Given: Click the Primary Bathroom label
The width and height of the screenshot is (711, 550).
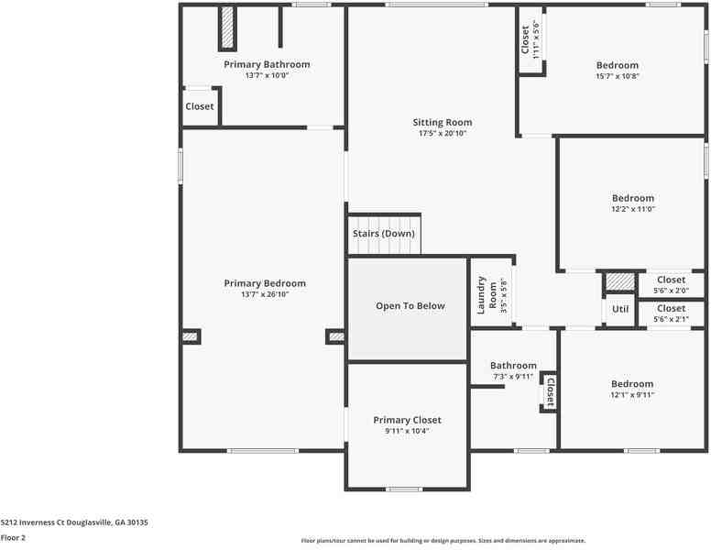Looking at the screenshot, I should coord(267,64).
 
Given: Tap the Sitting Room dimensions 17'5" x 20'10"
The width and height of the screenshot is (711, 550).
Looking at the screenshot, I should coord(442,134).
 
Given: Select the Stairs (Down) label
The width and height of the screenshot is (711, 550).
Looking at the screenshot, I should coord(383,234).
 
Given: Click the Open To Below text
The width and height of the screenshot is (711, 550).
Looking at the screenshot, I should coord(410,305).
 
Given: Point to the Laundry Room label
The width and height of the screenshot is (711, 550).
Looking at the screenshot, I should coord(487,296).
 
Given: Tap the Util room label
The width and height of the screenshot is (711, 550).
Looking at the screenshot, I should coord(620,309).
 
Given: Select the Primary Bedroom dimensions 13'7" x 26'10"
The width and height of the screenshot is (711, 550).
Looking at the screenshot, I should coord(265,294).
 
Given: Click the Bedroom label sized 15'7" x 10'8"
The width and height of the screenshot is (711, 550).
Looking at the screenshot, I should coord(617,65).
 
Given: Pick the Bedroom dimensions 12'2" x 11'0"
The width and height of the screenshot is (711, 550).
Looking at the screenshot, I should coord(633,209).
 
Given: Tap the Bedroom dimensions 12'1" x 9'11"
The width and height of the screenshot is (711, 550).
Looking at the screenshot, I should coord(632,395).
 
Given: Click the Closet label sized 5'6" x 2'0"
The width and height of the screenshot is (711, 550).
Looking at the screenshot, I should coord(671,280).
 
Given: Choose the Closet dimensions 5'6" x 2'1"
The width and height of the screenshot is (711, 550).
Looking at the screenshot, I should coord(671,319).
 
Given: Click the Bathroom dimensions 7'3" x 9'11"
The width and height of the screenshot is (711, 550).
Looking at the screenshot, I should coord(513,376).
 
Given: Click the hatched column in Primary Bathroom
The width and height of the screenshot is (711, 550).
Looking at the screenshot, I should coord(227,27).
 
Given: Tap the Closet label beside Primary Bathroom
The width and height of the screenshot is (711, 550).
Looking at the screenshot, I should coord(199,106).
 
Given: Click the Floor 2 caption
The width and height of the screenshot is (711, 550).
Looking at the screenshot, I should coord(13,538).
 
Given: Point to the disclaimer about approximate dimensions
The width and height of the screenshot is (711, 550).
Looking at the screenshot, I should coord(443,541).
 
